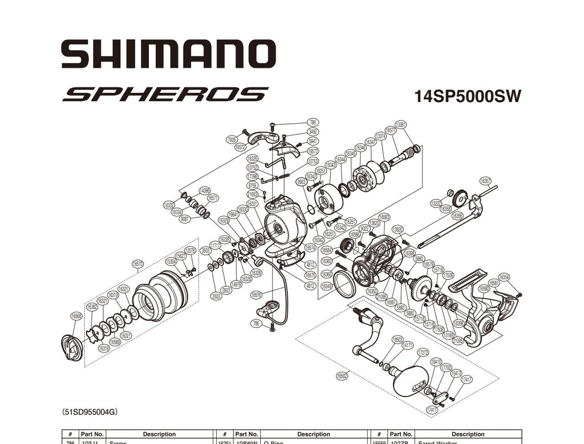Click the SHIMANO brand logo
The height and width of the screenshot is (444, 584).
(x=168, y=55)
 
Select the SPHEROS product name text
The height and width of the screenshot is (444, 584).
(x=165, y=94)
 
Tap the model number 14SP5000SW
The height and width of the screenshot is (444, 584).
(x=467, y=96)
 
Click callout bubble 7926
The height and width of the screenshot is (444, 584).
(x=232, y=140)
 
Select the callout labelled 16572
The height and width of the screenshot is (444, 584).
(x=240, y=146)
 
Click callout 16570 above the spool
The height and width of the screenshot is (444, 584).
(x=137, y=264)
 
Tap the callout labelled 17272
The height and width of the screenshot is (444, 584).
(x=423, y=353)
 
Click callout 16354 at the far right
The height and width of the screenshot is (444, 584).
(x=504, y=277)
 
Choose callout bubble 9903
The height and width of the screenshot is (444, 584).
(x=301, y=182)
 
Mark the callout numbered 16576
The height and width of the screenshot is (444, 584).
(x=256, y=295)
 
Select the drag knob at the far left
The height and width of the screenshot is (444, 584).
(x=72, y=347)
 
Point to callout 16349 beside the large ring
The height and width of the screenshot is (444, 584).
(x=327, y=286)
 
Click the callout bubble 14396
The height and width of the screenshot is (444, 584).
(x=204, y=190)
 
